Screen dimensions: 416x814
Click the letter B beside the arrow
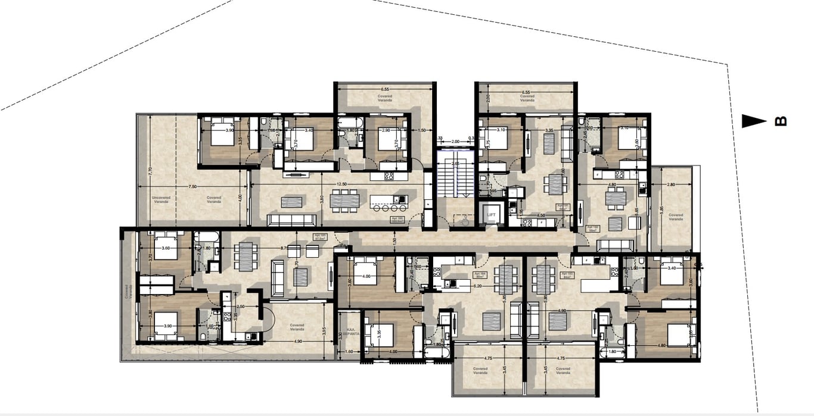(x=780, y=121)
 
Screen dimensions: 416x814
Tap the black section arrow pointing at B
(x=754, y=121)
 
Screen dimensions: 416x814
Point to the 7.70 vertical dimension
(x=151, y=170)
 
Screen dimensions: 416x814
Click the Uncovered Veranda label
(x=160, y=199)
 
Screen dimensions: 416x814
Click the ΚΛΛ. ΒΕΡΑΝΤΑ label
(x=352, y=333)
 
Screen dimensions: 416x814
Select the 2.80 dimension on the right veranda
(x=671, y=185)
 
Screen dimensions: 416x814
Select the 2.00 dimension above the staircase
(x=455, y=142)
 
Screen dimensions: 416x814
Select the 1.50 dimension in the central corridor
(x=394, y=241)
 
